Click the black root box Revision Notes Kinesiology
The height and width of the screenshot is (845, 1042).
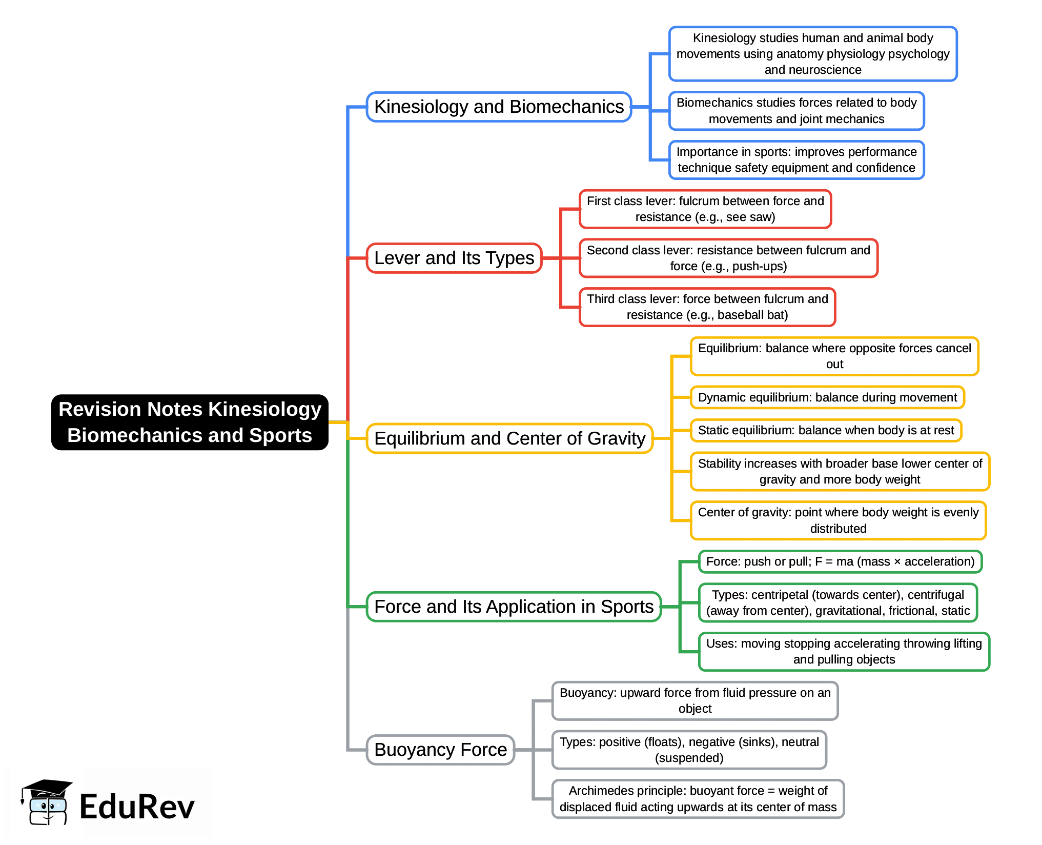click(x=190, y=422)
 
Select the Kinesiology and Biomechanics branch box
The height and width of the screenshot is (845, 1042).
click(x=499, y=107)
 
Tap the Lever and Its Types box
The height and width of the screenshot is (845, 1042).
click(x=454, y=258)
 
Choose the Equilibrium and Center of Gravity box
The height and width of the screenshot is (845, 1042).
click(x=509, y=438)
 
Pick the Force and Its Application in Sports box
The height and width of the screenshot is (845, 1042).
click(x=514, y=607)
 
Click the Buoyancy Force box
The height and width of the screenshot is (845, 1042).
click(x=440, y=750)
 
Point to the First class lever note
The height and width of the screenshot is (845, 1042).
click(x=705, y=209)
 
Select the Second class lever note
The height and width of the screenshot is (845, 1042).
click(x=728, y=258)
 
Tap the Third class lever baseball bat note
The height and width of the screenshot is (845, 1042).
click(x=707, y=307)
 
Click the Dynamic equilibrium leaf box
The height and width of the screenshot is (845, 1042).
click(x=827, y=397)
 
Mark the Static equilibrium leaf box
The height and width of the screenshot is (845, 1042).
click(x=826, y=430)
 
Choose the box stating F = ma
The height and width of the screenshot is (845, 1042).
click(x=840, y=561)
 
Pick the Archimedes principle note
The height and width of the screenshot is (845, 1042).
click(x=698, y=799)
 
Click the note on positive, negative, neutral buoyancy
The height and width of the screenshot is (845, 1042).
click(x=689, y=750)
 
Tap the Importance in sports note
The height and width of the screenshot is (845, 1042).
click(x=796, y=160)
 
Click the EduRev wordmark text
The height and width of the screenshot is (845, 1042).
click(x=137, y=807)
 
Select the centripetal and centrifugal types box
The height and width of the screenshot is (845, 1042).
click(x=837, y=602)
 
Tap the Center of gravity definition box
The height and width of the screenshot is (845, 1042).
click(x=838, y=520)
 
